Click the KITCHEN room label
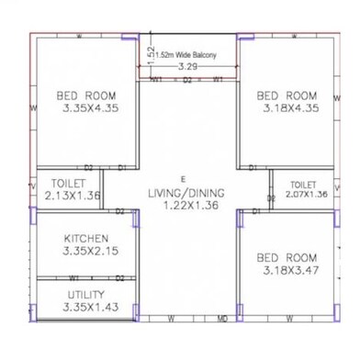click(85, 238)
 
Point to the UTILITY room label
click(86, 295)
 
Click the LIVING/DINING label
click(184, 193)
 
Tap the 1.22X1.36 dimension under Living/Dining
click(185, 207)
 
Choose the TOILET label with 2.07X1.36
click(304, 184)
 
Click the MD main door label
click(223, 320)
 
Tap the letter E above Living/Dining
click(183, 177)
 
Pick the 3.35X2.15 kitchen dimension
click(85, 251)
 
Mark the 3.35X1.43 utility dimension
click(86, 308)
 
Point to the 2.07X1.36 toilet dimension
click(306, 195)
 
